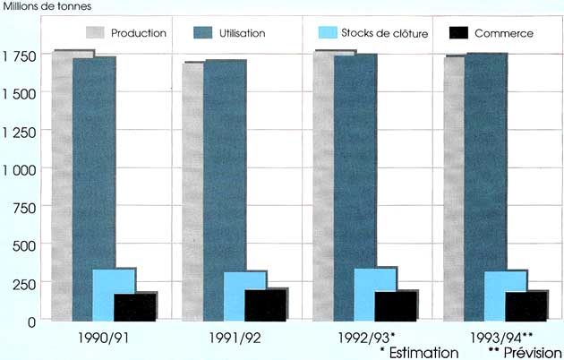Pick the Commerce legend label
(x=505, y=33)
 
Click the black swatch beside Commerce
(x=457, y=33)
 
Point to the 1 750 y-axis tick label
(x=20, y=56)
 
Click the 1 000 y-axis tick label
(x=20, y=168)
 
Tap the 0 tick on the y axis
(x=32, y=320)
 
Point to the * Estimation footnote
(x=419, y=352)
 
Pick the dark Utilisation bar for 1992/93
(x=355, y=161)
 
